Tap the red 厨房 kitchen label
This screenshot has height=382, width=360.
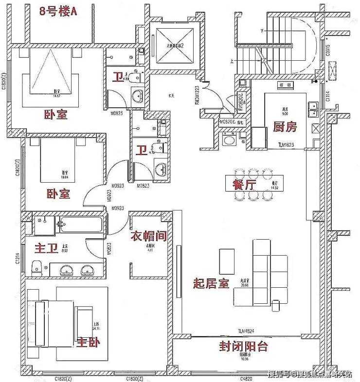point(285,127)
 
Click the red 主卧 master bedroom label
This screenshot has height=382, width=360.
point(89,342)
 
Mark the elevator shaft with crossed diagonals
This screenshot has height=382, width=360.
point(174,45)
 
